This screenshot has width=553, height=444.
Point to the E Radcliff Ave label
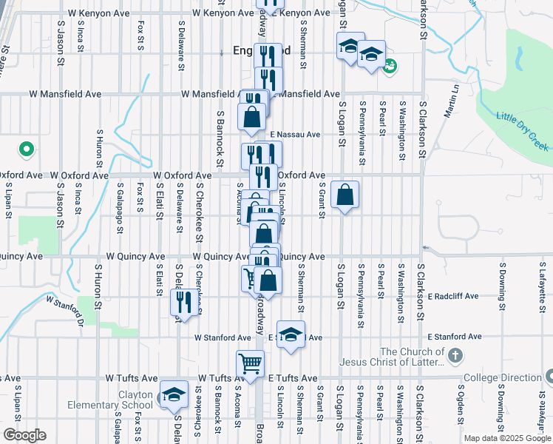pyautogui.click(x=452, y=296)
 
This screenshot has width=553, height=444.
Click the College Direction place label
pyautogui.click(x=502, y=378)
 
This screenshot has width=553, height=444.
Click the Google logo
pyautogui.click(x=24, y=435)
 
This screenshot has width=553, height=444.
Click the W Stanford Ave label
pyautogui.click(x=223, y=337)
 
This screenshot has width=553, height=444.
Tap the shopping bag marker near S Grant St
pyautogui.click(x=345, y=195)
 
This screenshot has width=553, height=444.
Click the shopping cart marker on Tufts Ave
pyautogui.click(x=251, y=364)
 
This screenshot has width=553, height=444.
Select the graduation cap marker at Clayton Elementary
pyautogui.click(x=174, y=394)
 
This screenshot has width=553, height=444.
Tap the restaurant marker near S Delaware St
pyautogui.click(x=183, y=302)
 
